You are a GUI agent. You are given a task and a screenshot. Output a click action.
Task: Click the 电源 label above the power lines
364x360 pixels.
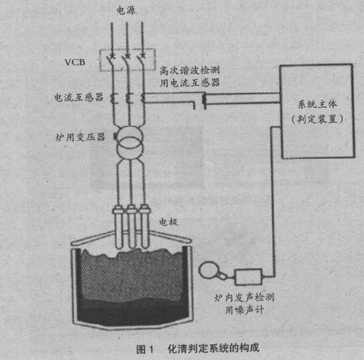[x=126, y=10]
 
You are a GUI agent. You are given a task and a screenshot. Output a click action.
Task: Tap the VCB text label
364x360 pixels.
[x=75, y=63]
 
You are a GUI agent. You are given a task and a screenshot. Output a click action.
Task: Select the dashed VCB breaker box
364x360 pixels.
[x=128, y=60]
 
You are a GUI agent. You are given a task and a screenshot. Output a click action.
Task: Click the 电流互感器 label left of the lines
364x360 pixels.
[x=79, y=98]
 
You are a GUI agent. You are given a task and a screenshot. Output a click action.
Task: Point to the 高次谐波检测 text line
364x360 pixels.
[x=190, y=70]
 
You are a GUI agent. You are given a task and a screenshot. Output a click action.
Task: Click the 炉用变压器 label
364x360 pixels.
[x=80, y=137]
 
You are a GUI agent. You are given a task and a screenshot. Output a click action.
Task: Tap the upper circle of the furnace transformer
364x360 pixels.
[x=129, y=137]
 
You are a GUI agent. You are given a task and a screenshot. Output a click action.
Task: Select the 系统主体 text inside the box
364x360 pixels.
[x=317, y=104]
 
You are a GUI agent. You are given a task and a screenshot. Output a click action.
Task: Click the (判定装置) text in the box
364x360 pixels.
[x=317, y=120]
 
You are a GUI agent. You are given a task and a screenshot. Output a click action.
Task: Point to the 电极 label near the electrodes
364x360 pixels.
[x=168, y=222]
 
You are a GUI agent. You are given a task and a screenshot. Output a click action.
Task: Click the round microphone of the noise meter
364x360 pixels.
[x=209, y=269]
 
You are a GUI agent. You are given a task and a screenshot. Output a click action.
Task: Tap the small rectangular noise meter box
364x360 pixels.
[x=249, y=277]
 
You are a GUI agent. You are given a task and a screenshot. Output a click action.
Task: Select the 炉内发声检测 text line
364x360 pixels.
[x=244, y=297]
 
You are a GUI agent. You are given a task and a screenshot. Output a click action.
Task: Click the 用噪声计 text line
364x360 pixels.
[x=244, y=310]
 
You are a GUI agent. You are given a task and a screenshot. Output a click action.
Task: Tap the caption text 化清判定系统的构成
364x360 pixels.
[x=214, y=348]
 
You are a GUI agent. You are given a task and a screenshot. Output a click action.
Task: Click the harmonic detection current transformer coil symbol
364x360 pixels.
[x=204, y=100]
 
